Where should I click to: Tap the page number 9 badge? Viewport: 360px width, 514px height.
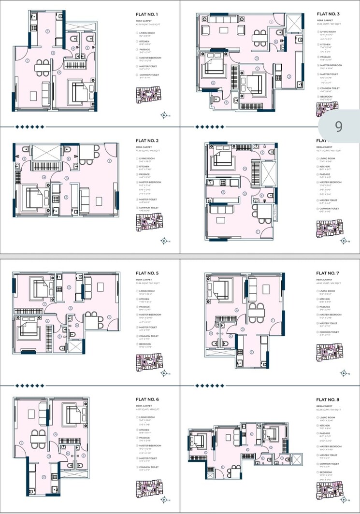point(338,126)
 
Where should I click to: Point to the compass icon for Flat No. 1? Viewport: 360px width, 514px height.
point(165,115)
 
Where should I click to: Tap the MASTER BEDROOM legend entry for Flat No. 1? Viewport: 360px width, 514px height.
point(150,58)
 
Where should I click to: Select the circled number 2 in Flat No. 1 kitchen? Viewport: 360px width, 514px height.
point(47,31)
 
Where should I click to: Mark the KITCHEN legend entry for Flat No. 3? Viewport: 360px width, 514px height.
point(326,42)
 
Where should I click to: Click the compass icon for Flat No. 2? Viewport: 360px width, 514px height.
point(165,241)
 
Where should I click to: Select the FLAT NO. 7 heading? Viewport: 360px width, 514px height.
point(329,273)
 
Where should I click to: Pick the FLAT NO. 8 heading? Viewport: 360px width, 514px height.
point(329,400)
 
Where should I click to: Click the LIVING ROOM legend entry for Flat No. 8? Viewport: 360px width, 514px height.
point(328,417)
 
